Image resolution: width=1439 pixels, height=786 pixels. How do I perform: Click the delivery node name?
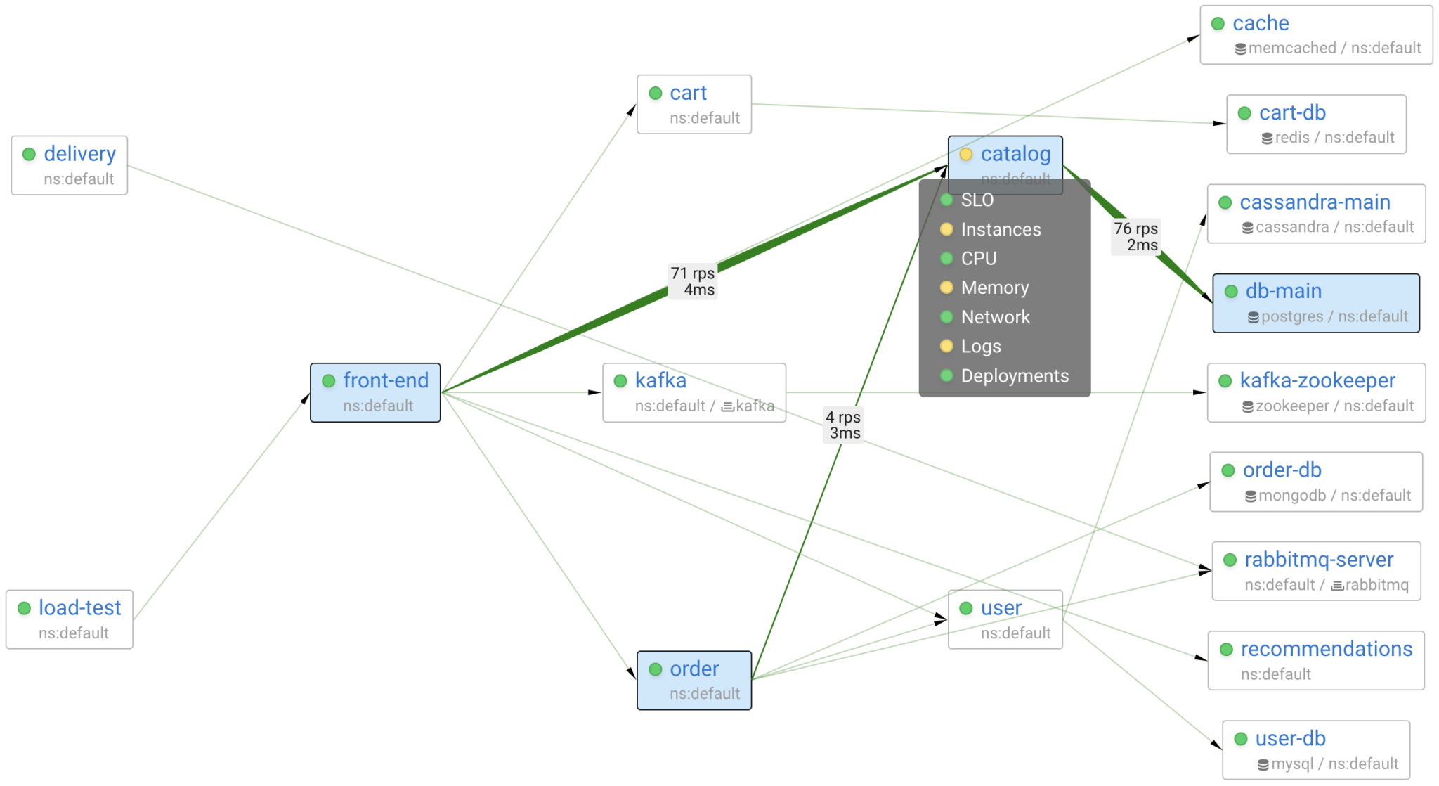tap(79, 154)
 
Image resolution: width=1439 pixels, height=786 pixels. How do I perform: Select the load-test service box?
tap(70, 619)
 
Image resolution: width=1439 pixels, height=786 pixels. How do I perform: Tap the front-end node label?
tap(385, 381)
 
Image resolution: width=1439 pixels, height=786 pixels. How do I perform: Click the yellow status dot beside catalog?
tap(966, 155)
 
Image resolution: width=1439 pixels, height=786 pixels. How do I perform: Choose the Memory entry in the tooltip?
tap(994, 288)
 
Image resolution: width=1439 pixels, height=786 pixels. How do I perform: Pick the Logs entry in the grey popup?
tap(981, 346)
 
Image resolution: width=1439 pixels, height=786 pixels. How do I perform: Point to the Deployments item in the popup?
tap(1014, 376)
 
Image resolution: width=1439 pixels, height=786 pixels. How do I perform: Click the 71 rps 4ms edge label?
tap(693, 281)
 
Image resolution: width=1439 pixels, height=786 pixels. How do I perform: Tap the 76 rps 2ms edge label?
tap(1135, 236)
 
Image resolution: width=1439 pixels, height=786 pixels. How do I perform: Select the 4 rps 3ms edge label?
tap(843, 425)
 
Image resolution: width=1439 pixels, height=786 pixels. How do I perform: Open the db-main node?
tap(1315, 303)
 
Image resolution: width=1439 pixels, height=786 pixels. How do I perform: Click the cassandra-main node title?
tap(1315, 202)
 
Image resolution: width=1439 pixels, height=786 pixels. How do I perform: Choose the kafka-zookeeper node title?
tap(1317, 381)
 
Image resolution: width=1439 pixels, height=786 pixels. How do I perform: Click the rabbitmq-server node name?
tap(1318, 560)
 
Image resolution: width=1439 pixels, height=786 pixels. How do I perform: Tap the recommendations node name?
tap(1326, 649)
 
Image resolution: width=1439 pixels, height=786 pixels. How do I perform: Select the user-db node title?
tap(1290, 739)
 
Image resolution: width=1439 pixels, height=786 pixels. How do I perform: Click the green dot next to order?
tap(656, 669)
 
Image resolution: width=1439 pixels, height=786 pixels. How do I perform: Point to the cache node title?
tap(1261, 24)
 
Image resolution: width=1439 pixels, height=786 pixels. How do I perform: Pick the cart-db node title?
tap(1292, 113)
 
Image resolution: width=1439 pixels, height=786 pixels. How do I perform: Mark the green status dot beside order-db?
tap(1228, 471)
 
